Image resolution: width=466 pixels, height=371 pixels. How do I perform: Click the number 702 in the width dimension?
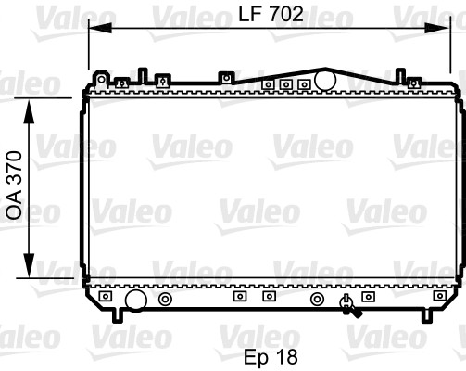pos(286,14)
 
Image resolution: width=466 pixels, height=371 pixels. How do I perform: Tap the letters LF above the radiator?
pos(250,14)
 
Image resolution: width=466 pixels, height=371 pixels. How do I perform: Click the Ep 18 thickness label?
pos(271,357)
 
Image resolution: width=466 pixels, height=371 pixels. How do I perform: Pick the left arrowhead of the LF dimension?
pos(100,28)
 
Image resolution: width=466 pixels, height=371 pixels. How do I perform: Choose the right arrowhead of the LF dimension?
pos(436,28)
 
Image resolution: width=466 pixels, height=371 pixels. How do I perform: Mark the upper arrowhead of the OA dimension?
pos(29,111)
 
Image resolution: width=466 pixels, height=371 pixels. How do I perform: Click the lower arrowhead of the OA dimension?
pos(29,265)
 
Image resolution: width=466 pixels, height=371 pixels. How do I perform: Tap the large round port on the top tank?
pos(325,81)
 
